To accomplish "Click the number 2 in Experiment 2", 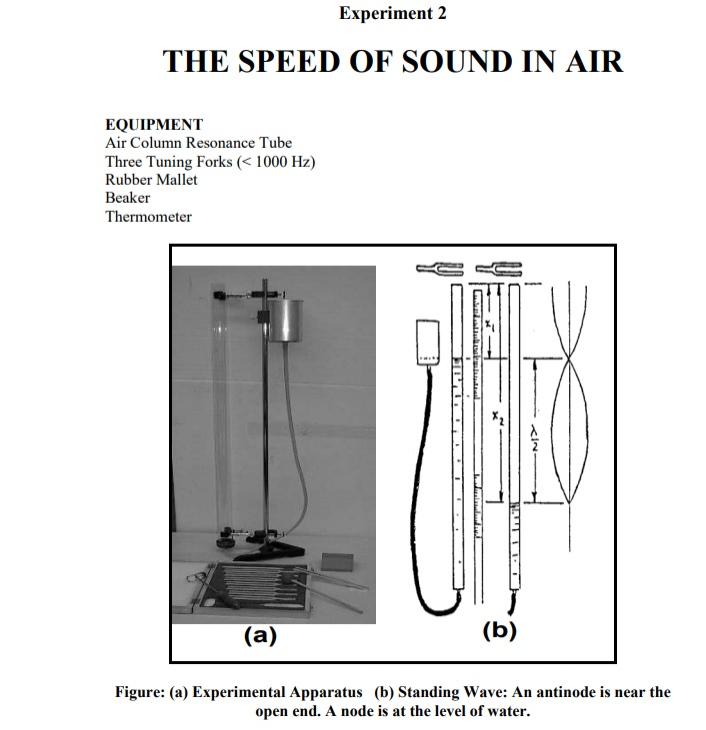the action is [442, 14].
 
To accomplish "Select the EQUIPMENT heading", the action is [154, 125].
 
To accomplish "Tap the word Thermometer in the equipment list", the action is [148, 216].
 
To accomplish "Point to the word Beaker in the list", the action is [127, 198].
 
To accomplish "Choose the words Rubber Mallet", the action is [151, 180].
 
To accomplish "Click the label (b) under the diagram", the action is [499, 630].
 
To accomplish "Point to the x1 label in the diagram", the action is [488, 326].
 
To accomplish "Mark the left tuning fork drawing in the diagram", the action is [439, 268].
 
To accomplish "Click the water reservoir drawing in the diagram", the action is [429, 343].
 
